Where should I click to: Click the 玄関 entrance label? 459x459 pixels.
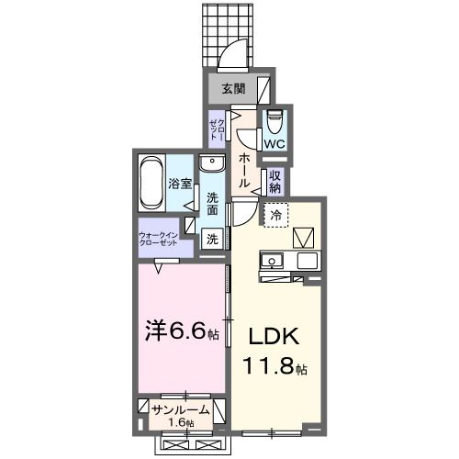point(233,89)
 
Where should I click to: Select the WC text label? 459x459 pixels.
point(274,143)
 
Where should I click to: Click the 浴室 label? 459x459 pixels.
point(180,183)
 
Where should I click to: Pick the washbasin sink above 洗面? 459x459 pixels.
point(213,164)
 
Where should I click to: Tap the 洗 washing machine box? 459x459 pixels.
point(212,240)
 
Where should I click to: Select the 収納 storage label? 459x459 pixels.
point(275,181)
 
